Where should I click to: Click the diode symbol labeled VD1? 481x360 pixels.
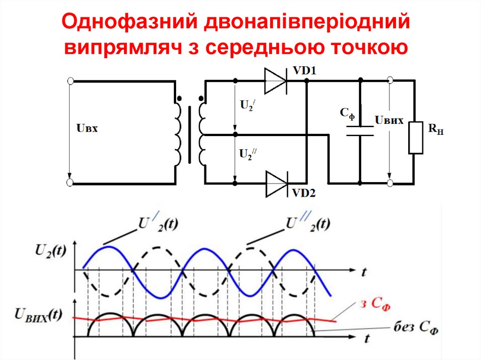click(275, 81)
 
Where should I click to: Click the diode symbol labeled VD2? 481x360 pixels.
click(276, 183)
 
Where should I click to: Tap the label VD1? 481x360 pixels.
click(305, 71)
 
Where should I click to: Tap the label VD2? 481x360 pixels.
click(305, 192)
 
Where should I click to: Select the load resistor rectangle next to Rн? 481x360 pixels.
click(416, 137)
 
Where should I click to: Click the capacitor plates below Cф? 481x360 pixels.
click(360, 130)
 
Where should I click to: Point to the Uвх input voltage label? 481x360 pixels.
click(86, 127)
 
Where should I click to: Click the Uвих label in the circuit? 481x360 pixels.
click(389, 121)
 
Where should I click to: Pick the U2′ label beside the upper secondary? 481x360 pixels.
click(248, 106)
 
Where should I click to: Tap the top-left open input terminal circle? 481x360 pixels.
click(70, 81)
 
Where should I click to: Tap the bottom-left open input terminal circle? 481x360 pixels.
click(70, 183)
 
